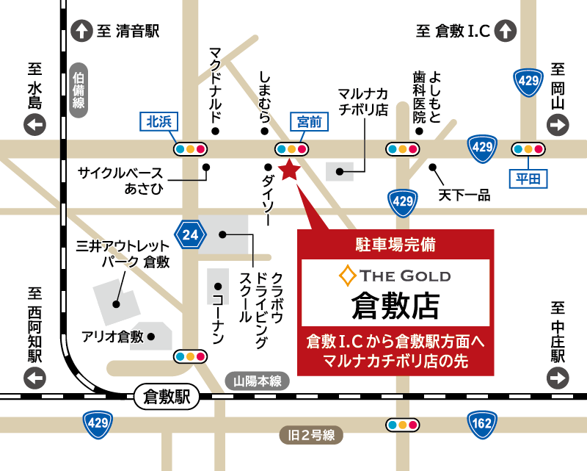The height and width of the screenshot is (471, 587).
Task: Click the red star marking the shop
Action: (x=289, y=170)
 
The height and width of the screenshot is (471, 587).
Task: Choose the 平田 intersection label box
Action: (x=528, y=178)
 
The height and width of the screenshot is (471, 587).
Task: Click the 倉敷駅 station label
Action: (x=167, y=398)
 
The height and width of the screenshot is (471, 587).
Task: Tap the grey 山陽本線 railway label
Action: (x=258, y=381)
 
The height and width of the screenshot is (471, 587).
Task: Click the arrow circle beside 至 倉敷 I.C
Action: (x=506, y=31)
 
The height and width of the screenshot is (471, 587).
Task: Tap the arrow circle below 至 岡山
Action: (x=558, y=126)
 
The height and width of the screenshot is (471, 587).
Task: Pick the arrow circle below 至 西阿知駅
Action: (x=34, y=378)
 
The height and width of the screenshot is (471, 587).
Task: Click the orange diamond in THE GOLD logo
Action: (x=346, y=276)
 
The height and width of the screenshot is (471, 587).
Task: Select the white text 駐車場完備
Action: (x=395, y=244)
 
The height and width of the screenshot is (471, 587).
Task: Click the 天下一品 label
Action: (x=464, y=196)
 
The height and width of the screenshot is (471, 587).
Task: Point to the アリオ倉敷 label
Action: (x=114, y=337)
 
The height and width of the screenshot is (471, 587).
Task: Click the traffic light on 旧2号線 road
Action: (x=403, y=425)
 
